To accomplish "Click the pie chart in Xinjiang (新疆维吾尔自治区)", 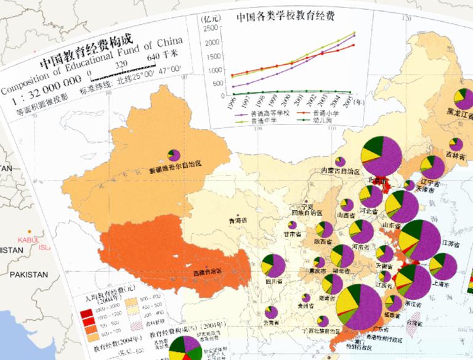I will (x=174, y=155).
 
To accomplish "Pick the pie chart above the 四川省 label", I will (x=272, y=265).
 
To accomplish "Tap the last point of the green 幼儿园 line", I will (x=355, y=92).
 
